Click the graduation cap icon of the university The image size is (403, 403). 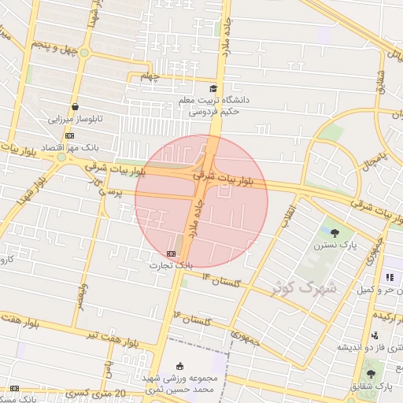tap(214, 89)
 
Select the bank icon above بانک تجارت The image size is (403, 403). tap(172, 253)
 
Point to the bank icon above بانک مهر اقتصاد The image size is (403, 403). tap(69, 135)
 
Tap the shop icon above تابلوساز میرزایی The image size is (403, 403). tap(75, 106)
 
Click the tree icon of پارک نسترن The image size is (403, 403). tap(336, 232)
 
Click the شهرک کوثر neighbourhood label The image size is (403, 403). tap(304, 287)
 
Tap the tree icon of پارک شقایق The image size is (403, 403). tap(371, 373)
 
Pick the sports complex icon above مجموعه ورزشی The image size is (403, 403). tap(180, 365)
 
